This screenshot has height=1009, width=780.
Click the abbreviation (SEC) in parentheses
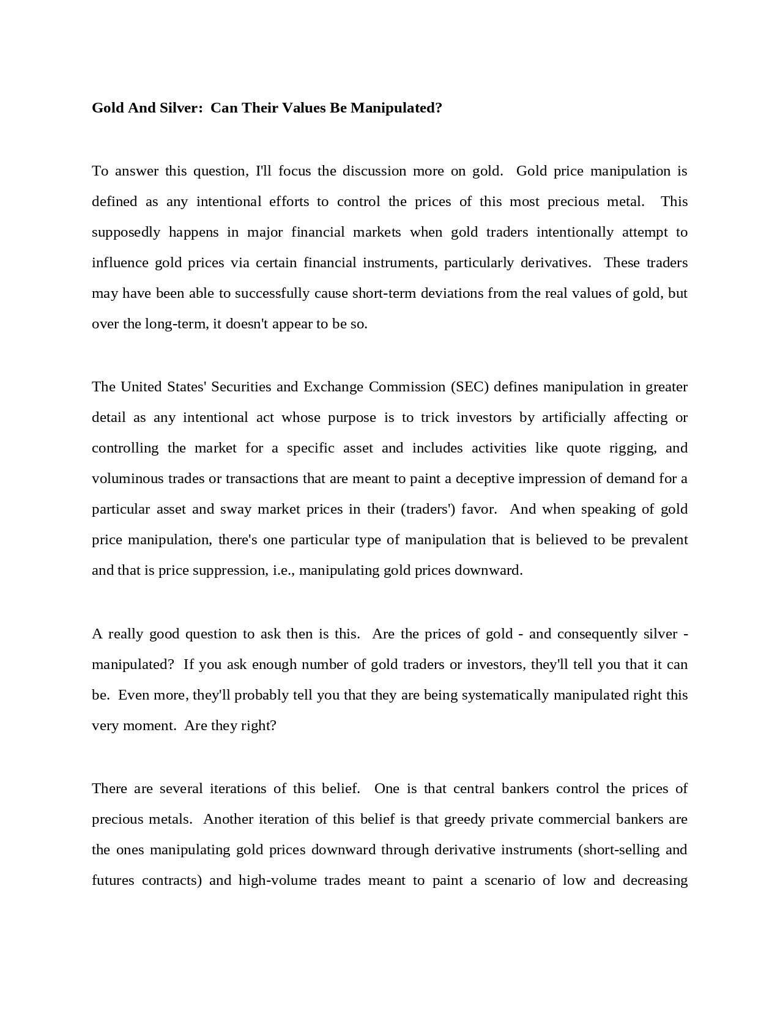pyautogui.click(x=470, y=387)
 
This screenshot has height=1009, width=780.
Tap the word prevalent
pyautogui.click(x=659, y=540)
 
